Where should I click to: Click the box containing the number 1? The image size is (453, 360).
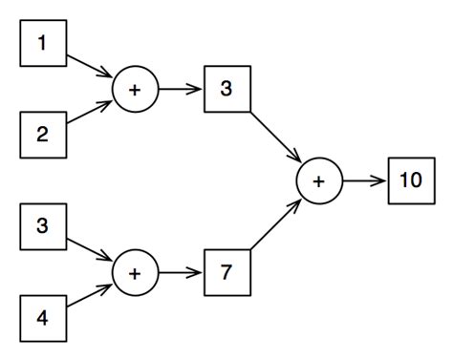[x=43, y=43]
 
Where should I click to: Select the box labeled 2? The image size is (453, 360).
[x=43, y=135]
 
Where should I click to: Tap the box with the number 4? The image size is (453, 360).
[x=43, y=318]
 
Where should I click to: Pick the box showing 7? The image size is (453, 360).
[x=226, y=273]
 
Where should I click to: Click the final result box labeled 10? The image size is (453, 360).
[x=411, y=180]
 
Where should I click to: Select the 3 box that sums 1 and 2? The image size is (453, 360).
[x=226, y=89]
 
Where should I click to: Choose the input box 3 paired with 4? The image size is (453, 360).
[x=43, y=226]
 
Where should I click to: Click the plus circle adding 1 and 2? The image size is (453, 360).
[x=135, y=89]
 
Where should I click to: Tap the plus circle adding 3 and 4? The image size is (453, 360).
[x=135, y=273]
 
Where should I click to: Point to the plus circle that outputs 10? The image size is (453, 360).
[x=318, y=180]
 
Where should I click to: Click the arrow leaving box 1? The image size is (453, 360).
[x=91, y=66]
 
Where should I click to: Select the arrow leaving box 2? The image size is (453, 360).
[x=91, y=113]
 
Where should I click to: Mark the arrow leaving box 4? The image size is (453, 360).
[x=91, y=296]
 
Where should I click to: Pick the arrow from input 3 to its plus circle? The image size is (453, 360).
[x=91, y=249]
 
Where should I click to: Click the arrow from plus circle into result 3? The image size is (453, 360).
[x=180, y=89]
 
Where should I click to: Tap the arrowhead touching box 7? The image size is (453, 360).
[x=198, y=273]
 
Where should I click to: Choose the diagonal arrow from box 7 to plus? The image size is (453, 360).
[x=275, y=225]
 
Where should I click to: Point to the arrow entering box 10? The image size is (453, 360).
[x=365, y=180]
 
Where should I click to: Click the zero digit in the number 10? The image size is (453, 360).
[x=417, y=180]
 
